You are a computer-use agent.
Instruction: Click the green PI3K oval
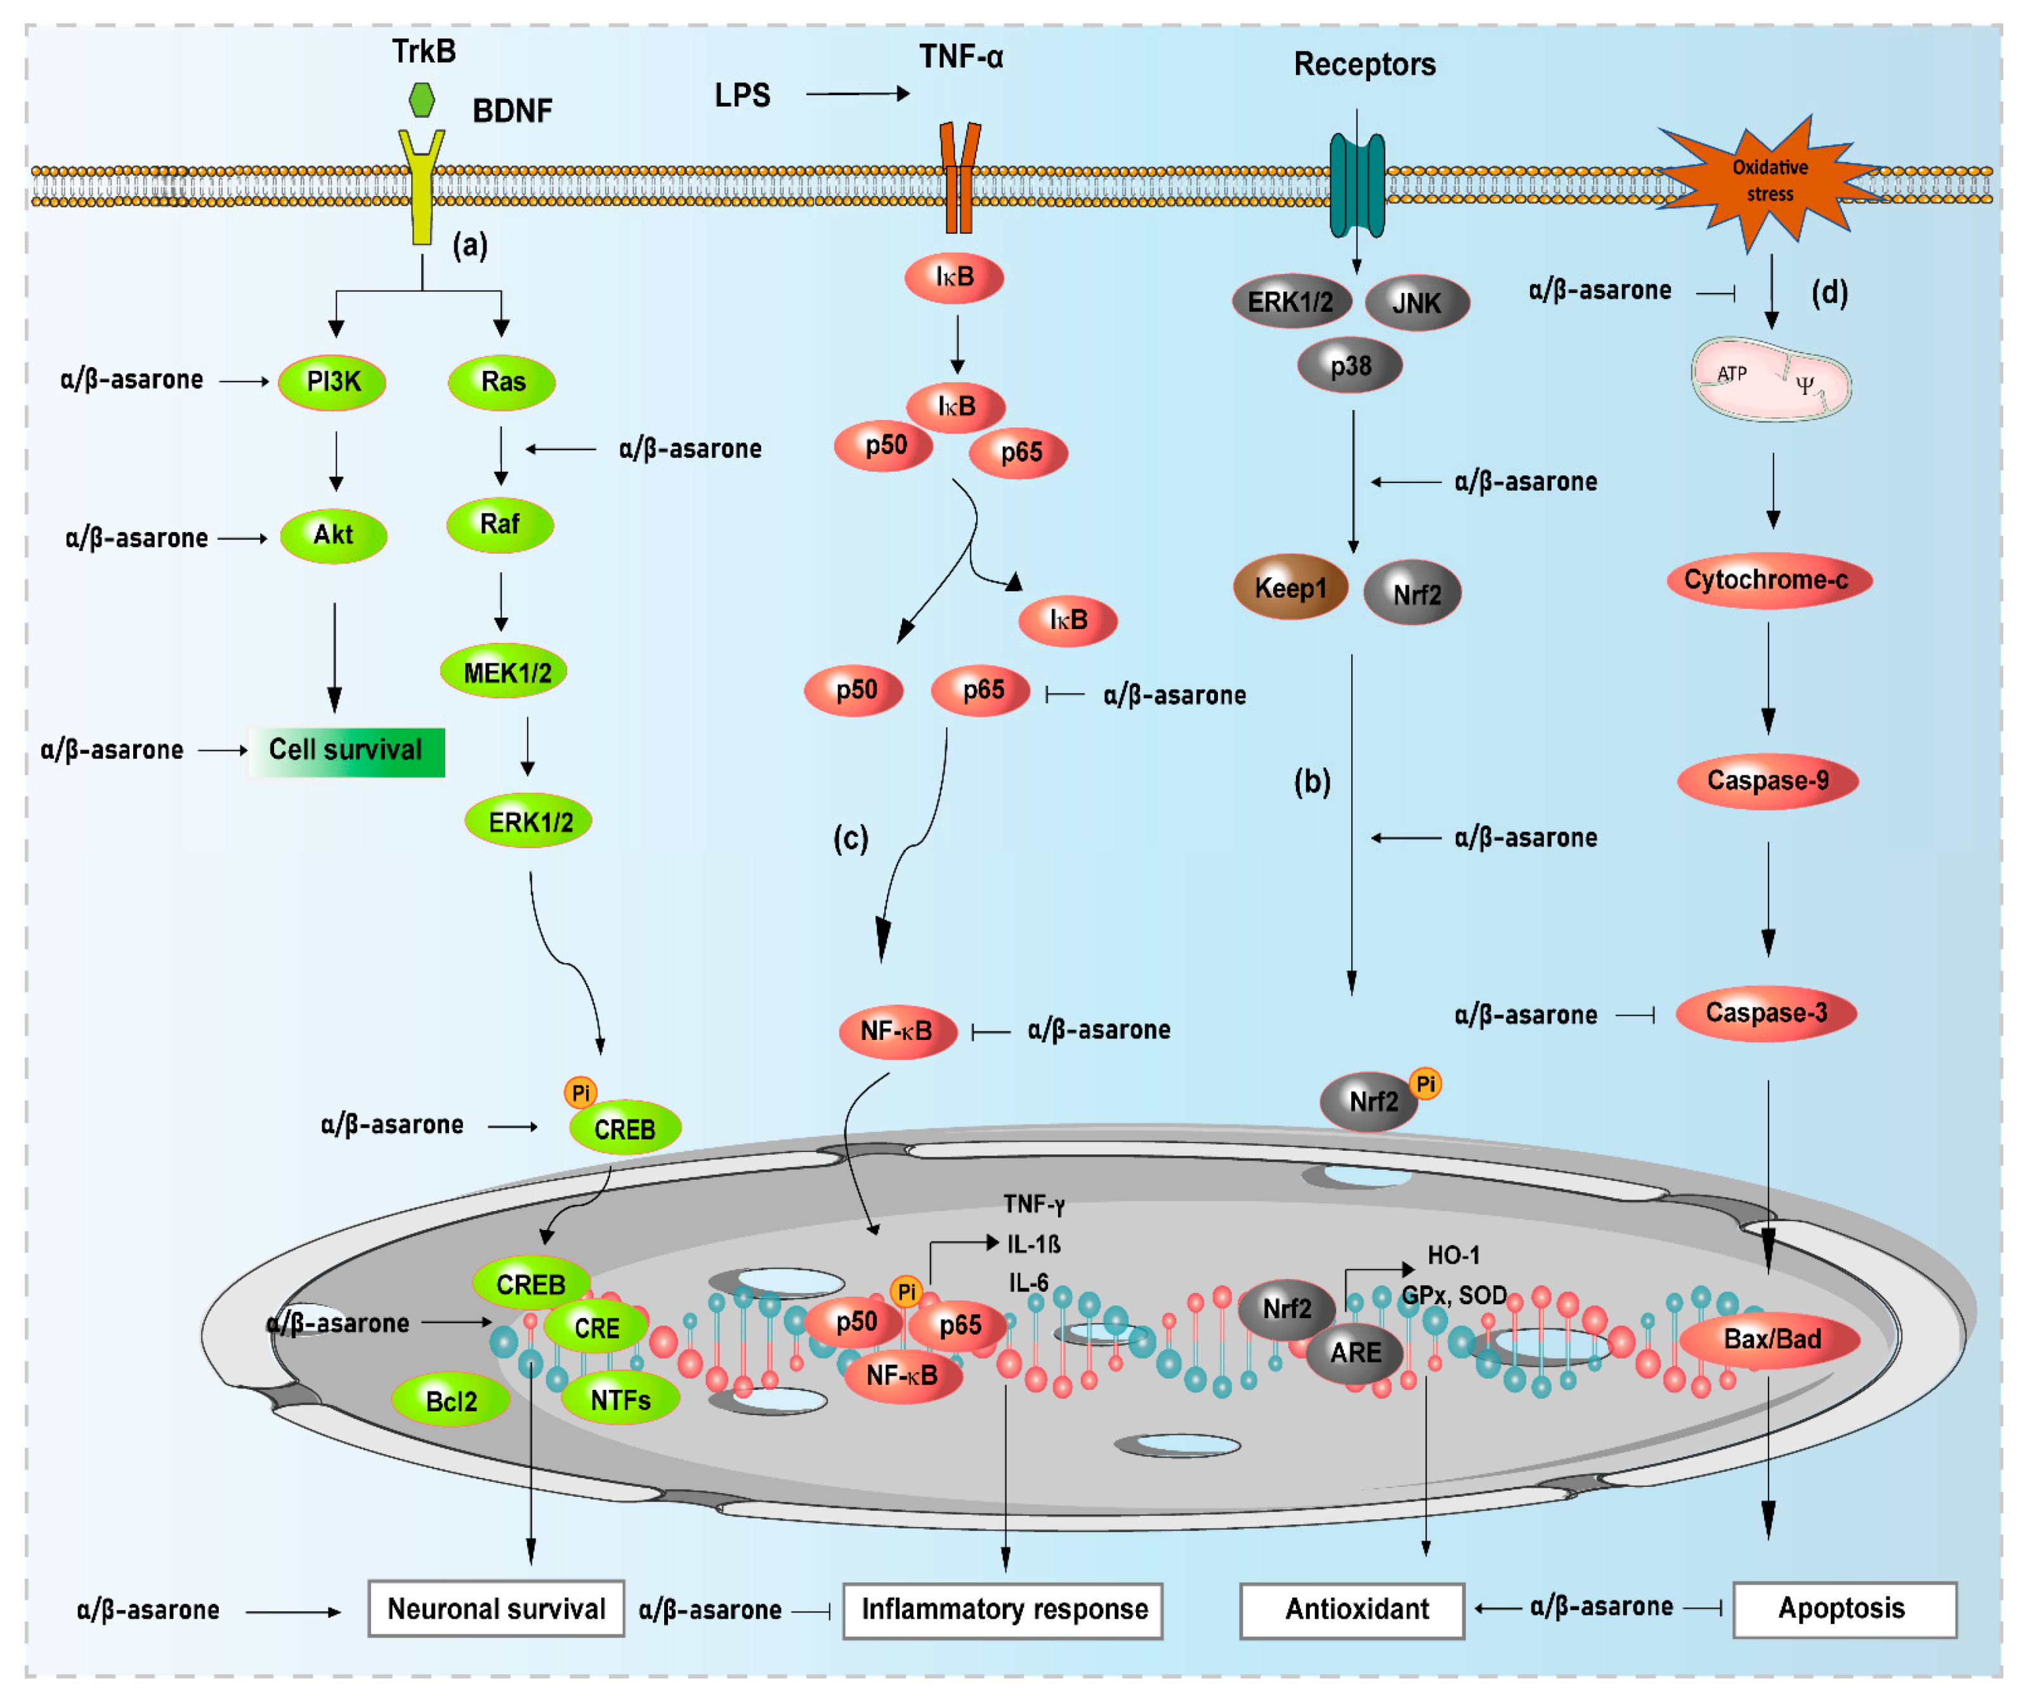coord(332,382)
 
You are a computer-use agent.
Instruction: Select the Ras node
coord(502,382)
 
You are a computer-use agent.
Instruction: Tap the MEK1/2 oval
coord(504,672)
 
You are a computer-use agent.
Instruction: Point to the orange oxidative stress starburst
coord(1770,181)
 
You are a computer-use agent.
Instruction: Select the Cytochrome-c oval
coord(1769,580)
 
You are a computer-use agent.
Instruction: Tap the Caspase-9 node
coord(1768,781)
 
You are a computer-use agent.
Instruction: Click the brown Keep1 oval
coord(1290,587)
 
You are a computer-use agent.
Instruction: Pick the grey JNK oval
coord(1416,303)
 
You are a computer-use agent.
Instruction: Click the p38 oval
coord(1350,366)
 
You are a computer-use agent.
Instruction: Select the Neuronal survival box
coord(496,1609)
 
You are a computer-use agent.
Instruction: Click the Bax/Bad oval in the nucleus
coord(1770,1340)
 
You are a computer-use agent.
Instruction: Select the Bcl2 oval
coord(450,1401)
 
